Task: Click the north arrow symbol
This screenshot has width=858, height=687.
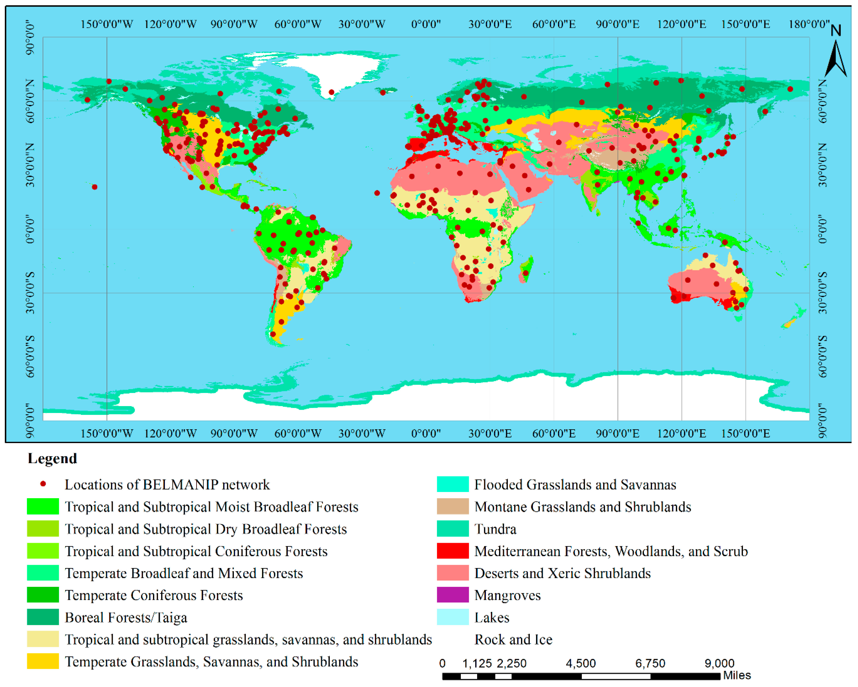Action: coord(836,56)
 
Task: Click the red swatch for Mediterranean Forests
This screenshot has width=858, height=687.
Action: coord(453,551)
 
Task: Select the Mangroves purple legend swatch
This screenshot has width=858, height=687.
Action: coord(453,595)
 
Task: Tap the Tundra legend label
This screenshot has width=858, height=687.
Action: coord(496,529)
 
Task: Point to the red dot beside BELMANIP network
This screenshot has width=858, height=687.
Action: coord(43,484)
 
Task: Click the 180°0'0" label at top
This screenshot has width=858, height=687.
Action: coord(809,24)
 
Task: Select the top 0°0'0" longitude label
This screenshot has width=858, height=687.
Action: coord(426,24)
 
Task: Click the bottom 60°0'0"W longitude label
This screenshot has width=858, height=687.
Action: coord(298,433)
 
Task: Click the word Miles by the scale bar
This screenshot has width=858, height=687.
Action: coord(737,675)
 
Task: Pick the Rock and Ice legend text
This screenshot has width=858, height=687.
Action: coord(513,639)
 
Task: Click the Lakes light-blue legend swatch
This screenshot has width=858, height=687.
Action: coord(453,617)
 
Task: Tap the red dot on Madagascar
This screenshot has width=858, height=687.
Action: coord(526,273)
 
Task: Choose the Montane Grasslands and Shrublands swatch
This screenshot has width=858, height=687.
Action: coord(453,507)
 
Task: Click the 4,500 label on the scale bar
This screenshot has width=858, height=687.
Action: coord(581,663)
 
